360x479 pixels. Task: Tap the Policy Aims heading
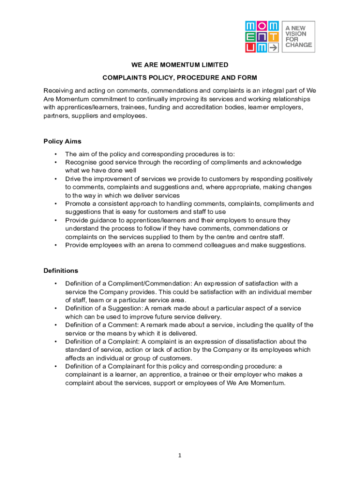62,141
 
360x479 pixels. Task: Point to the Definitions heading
61,270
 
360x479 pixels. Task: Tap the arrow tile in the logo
273,47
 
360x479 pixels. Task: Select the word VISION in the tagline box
296,34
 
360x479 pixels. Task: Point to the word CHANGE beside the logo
299,45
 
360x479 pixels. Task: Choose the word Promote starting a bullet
78,203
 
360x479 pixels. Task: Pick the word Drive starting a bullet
73,179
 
